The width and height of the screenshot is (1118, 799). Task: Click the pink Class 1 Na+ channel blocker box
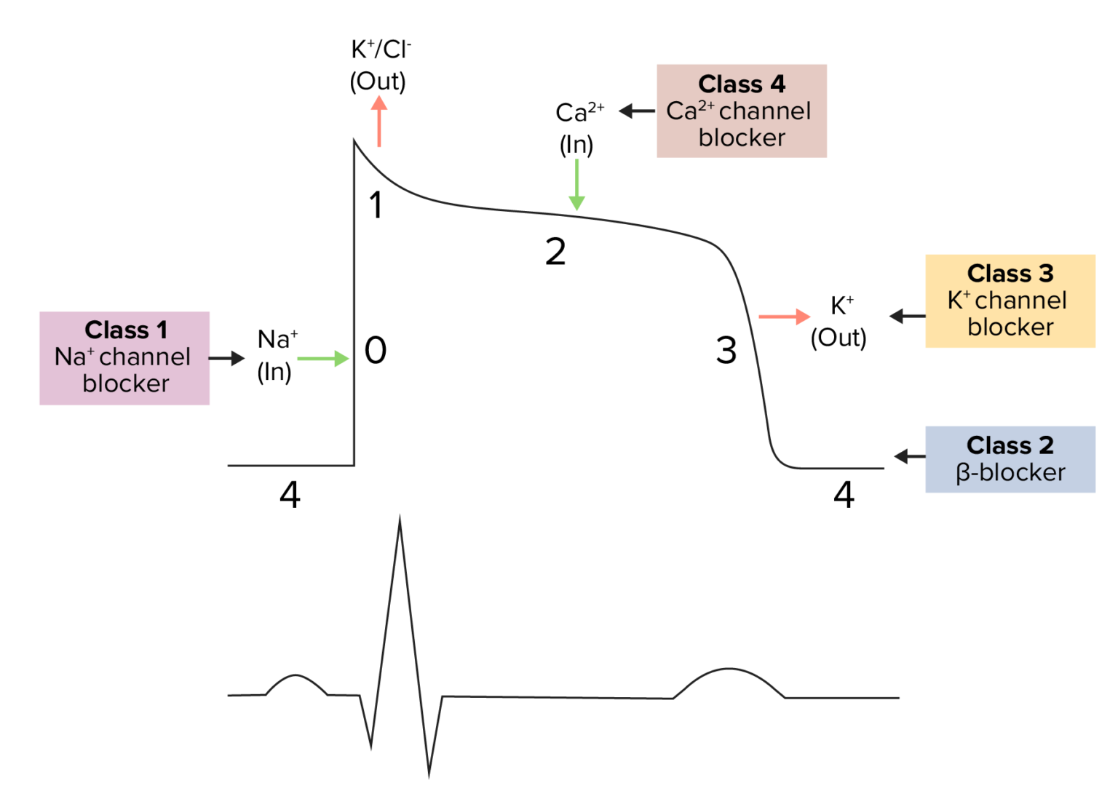point(124,358)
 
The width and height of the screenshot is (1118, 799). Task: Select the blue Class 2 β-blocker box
point(1010,459)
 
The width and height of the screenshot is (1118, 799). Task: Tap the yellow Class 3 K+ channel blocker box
point(1010,301)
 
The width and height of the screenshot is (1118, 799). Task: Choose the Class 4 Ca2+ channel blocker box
point(741,111)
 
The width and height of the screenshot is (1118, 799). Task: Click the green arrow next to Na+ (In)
point(322,359)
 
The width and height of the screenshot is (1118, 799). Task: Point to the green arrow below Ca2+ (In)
point(576,185)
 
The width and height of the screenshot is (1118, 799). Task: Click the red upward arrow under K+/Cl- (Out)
point(378,122)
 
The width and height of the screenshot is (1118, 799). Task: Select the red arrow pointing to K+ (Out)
point(784,317)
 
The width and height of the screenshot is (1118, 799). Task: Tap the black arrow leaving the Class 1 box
point(226,358)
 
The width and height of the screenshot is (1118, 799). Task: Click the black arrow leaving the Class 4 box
point(637,111)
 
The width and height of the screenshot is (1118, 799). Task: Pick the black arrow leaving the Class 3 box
point(907,316)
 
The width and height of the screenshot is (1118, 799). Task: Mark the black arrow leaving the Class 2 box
point(910,456)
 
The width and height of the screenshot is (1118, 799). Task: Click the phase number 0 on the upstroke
point(376,351)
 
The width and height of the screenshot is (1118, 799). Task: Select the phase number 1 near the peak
point(376,205)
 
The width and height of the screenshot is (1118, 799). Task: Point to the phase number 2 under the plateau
point(555,253)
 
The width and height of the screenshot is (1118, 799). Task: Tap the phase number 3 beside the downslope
point(726,351)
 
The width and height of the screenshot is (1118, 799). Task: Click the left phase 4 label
point(290,495)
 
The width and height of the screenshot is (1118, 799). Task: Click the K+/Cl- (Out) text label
point(378,65)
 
